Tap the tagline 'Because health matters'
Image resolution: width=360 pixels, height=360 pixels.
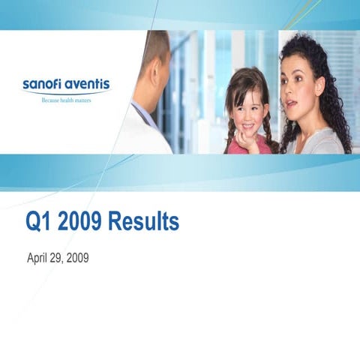[66, 99]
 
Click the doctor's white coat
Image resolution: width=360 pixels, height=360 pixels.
[142, 135]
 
